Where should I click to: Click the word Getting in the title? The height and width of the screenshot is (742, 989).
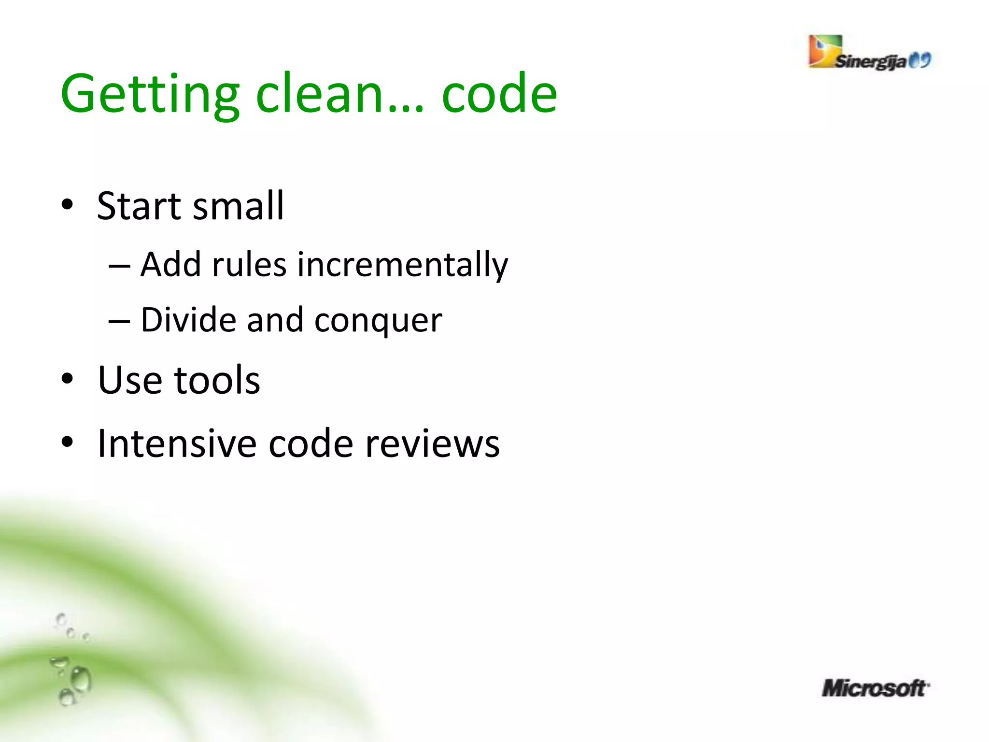[150, 94]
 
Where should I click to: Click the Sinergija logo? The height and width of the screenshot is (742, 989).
[869, 54]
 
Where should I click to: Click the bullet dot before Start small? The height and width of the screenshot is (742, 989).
[68, 205]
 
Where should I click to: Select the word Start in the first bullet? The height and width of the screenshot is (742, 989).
[139, 206]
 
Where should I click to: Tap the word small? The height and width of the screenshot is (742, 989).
[239, 206]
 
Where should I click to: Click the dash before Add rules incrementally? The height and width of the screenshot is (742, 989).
[119, 266]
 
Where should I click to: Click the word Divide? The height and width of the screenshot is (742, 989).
[188, 320]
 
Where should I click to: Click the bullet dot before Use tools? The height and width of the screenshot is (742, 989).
[68, 379]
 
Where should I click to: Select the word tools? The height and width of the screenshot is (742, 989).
[217, 380]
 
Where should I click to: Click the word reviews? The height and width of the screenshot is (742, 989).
[432, 443]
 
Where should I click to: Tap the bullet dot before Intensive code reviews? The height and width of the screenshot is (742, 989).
[68, 442]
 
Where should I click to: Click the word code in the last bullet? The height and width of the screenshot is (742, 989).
[311, 443]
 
